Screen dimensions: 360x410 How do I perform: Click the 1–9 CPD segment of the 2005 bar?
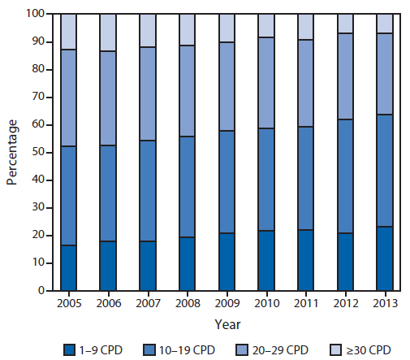[x=68, y=267]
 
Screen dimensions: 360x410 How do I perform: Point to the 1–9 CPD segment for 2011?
[x=305, y=260]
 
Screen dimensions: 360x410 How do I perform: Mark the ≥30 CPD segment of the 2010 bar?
[x=266, y=25]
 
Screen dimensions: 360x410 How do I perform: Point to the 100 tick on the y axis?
[x=33, y=14]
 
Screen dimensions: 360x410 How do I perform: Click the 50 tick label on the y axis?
[x=37, y=152]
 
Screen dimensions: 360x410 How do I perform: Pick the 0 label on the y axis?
[x=40, y=291]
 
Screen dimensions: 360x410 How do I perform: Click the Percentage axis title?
[x=12, y=152]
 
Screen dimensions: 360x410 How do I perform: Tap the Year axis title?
[x=227, y=323]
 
